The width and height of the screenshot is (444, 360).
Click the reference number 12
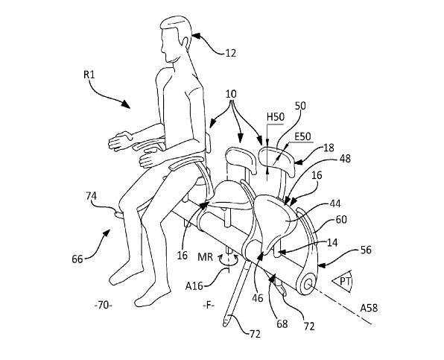click(230, 53)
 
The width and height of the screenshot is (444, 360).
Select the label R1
click(89, 75)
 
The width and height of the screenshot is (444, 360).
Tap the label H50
click(276, 117)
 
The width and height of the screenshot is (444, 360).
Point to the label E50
click(302, 136)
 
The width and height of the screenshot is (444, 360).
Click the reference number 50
click(300, 106)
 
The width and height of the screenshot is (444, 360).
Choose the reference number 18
click(329, 148)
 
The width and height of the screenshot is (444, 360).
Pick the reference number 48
click(345, 159)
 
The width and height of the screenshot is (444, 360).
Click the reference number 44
click(335, 203)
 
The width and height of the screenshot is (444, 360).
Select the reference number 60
click(341, 219)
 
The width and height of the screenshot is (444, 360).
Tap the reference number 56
click(366, 250)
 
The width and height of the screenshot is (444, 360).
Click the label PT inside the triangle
click(345, 281)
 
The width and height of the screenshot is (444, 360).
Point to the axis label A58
click(369, 308)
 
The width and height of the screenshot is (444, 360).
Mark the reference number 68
click(282, 323)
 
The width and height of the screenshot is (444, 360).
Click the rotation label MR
click(206, 257)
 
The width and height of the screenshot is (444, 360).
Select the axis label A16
click(194, 286)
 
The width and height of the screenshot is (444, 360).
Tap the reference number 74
click(91, 196)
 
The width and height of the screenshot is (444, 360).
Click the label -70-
click(104, 306)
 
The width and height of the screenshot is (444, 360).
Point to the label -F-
click(209, 306)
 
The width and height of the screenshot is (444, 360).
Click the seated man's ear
click(186, 42)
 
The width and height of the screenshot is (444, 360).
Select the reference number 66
click(77, 259)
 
